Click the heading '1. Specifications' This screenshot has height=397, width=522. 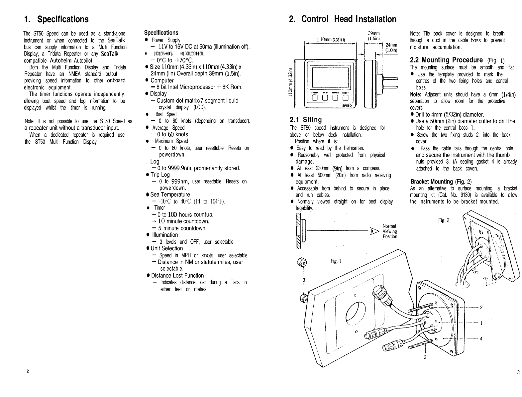[x=56, y=19]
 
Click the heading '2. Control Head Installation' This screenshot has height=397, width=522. [x=343, y=19]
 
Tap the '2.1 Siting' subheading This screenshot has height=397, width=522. [x=306, y=120]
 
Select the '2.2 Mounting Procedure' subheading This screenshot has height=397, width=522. [x=446, y=60]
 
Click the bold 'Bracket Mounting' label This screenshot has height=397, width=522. [x=432, y=182]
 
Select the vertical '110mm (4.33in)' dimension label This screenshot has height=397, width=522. [x=290, y=84]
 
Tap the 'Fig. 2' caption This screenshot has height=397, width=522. [x=444, y=220]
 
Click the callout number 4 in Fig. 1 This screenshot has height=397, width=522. [x=481, y=338]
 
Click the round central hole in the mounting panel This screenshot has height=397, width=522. [x=355, y=314]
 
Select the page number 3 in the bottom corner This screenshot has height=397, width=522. [x=518, y=372]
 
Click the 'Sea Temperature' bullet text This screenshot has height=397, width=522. [x=170, y=195]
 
